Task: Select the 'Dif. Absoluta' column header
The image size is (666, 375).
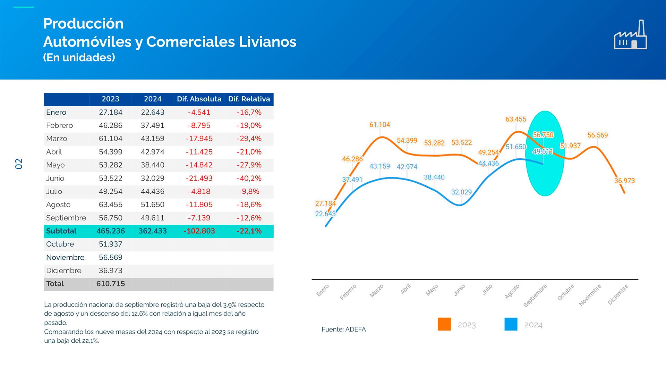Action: tap(199, 99)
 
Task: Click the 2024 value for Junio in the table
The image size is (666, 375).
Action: tap(153, 178)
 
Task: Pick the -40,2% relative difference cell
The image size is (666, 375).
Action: tap(249, 178)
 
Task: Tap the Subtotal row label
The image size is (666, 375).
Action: tap(61, 231)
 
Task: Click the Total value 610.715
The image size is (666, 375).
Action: tap(111, 284)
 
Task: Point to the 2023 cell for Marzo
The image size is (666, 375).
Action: tap(111, 139)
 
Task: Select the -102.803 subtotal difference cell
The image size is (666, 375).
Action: tap(199, 231)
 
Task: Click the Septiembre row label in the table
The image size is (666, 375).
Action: tap(66, 218)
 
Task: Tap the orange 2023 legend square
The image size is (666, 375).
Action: tap(444, 324)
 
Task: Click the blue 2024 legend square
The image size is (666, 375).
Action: tap(511, 324)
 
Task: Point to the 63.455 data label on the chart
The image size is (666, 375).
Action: tap(516, 119)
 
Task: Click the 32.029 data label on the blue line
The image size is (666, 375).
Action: tap(461, 192)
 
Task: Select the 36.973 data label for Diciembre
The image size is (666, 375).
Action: tap(624, 181)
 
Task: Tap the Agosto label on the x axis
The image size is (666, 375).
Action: tap(512, 291)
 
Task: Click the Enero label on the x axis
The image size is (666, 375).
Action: tap(323, 290)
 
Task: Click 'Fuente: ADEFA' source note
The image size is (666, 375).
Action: tap(343, 329)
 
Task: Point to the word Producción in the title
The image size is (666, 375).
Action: tap(83, 24)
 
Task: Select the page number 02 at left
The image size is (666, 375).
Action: tap(19, 164)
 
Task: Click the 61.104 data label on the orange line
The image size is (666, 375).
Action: tap(379, 125)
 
